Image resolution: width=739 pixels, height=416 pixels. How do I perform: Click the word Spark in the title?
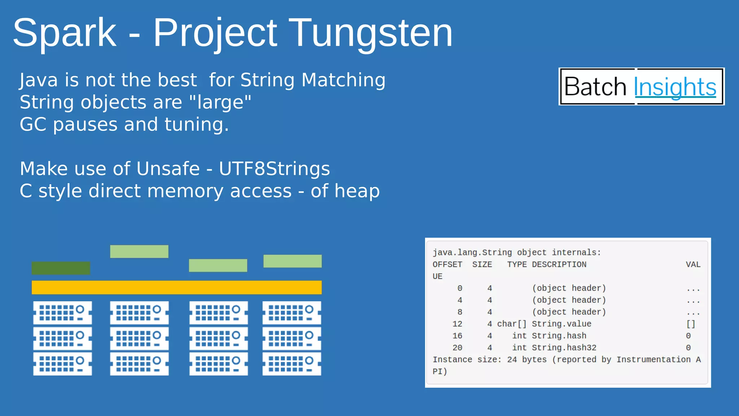pyautogui.click(x=65, y=33)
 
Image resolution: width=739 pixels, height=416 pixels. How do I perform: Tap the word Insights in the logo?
pyautogui.click(x=675, y=87)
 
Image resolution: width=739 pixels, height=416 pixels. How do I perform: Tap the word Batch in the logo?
pyautogui.click(x=595, y=87)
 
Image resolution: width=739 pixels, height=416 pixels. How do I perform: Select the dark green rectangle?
pyautogui.click(x=61, y=268)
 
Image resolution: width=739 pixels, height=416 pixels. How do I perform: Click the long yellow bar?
pyautogui.click(x=176, y=287)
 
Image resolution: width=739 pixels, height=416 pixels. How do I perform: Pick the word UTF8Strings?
pyautogui.click(x=274, y=169)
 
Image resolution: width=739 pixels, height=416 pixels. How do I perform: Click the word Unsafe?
pyautogui.click(x=168, y=169)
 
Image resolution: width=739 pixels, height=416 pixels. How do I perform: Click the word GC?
pyautogui.click(x=33, y=125)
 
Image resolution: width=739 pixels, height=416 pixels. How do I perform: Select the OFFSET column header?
pyautogui.click(x=447, y=264)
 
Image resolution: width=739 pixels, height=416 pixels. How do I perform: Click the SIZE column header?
pyautogui.click(x=482, y=264)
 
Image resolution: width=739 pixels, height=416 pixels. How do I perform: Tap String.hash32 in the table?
pyautogui.click(x=564, y=347)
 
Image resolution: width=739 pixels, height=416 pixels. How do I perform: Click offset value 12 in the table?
pyautogui.click(x=457, y=324)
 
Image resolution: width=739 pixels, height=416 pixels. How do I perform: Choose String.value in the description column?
pyautogui.click(x=561, y=324)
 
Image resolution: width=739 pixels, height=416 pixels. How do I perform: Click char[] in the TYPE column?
pyautogui.click(x=512, y=324)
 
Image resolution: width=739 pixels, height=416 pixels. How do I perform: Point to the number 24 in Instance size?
pyautogui.click(x=512, y=360)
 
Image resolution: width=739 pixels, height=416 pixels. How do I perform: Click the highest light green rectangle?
pyautogui.click(x=139, y=251)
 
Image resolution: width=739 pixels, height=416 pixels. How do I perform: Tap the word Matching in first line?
pyautogui.click(x=343, y=80)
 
